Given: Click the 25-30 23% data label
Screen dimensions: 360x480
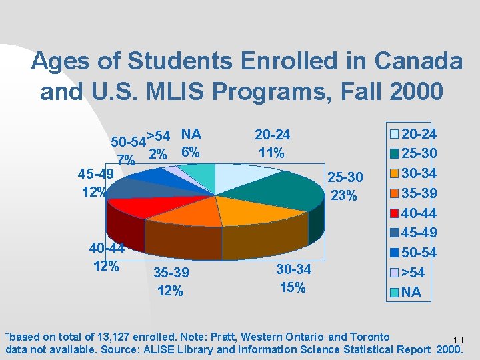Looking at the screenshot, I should point(345,187).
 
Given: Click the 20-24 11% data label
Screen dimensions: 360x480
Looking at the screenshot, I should point(272,144).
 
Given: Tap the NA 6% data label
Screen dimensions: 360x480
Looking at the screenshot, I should point(189,143).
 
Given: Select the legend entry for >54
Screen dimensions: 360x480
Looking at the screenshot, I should point(408,272).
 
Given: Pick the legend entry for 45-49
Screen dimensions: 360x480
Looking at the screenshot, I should point(413,233).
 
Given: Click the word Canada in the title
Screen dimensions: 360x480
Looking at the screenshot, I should point(419,61).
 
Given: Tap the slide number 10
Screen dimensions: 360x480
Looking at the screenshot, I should point(457,340).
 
